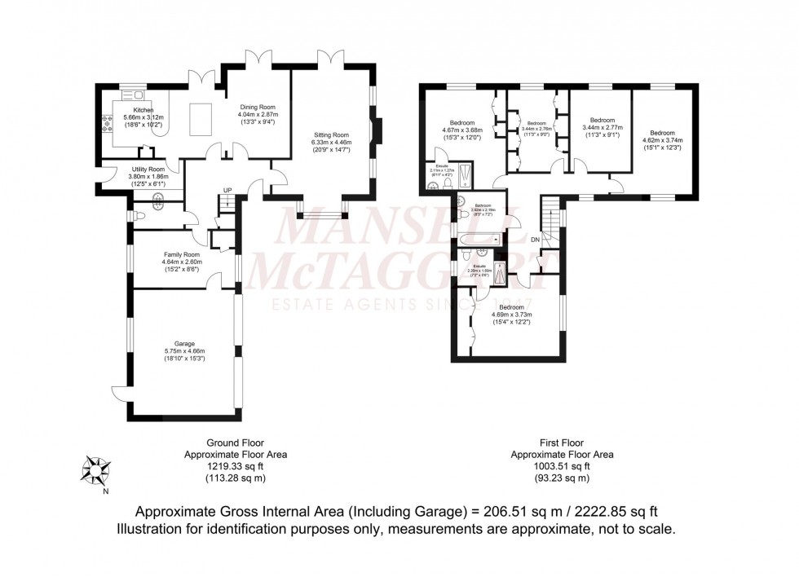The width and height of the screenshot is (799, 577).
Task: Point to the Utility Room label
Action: coord(148,169)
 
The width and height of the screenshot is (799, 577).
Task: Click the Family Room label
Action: coord(182,254)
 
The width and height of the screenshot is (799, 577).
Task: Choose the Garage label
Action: coord(183,344)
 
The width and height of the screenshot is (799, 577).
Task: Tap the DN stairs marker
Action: coord(535,240)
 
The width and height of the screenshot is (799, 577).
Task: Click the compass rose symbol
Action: coord(96,470)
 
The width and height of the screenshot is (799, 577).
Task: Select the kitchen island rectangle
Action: coord(200,119)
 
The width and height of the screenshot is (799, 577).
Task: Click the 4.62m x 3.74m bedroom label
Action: coord(662,132)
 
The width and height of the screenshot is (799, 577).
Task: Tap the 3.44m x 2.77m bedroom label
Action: coord(602,120)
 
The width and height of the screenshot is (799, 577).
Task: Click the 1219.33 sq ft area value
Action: coord(236,467)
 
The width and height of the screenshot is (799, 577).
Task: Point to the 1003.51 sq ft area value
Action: coord(562,467)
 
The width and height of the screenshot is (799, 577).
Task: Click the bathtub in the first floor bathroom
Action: coord(478,240)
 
